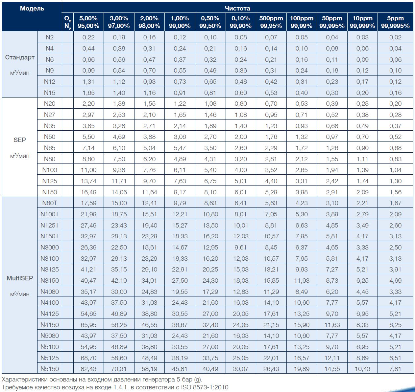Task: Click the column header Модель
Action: [x=32, y=9]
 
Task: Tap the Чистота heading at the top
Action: [x=237, y=9]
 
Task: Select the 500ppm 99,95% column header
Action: [x=271, y=22]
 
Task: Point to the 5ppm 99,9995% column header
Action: [x=395, y=22]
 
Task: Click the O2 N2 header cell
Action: [x=67, y=22]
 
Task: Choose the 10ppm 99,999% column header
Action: [x=362, y=22]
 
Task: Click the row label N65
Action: [x=50, y=148]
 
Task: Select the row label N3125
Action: [x=50, y=269]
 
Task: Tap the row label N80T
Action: [x=50, y=203]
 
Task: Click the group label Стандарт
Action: [x=20, y=57]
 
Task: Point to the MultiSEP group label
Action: [x=20, y=278]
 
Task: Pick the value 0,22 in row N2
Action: [x=88, y=37]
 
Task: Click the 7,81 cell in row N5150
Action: [x=395, y=369]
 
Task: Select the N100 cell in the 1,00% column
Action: [x=180, y=170]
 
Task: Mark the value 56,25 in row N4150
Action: [x=119, y=325]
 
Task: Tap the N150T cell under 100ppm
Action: [x=302, y=236]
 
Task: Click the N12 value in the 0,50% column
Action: [x=210, y=81]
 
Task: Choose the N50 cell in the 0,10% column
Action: [x=241, y=137]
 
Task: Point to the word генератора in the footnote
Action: [x=158, y=380]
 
